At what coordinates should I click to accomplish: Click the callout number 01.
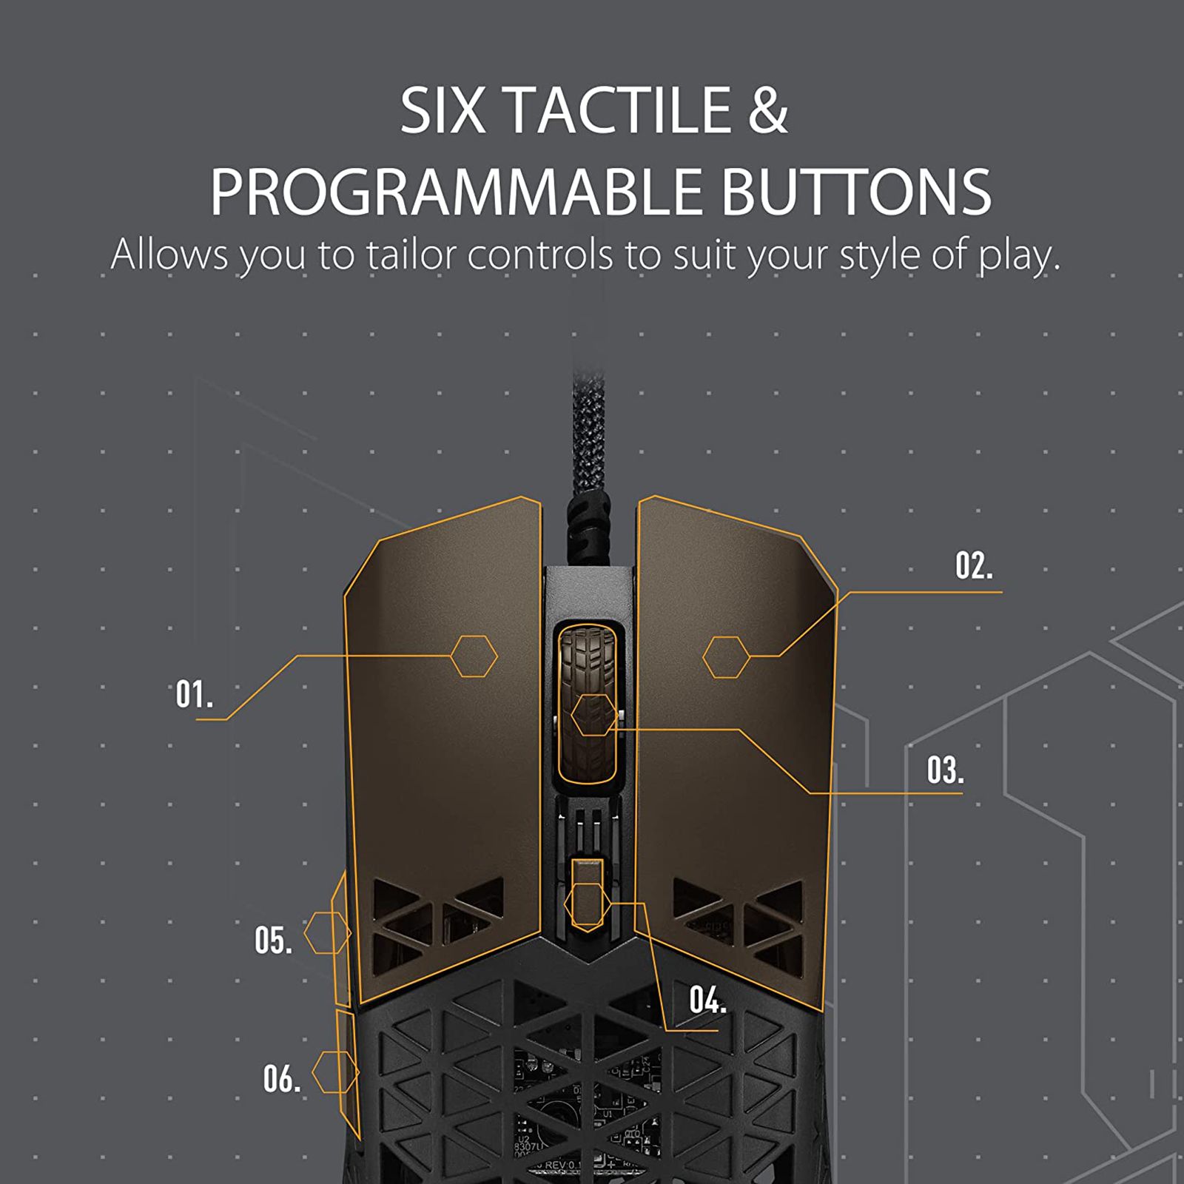194,694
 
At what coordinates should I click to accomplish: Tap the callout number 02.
974,566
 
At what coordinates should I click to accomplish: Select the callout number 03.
945,770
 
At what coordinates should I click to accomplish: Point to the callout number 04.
707,1000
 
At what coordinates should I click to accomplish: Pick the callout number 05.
273,941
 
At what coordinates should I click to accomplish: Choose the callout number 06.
282,1079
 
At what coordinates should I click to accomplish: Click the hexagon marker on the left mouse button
474,656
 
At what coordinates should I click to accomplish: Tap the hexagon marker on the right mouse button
726,657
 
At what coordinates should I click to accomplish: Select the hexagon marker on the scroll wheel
593,715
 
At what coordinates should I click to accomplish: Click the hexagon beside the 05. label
327,932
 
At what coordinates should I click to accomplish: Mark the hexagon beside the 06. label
335,1072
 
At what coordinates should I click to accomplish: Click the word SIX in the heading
443,110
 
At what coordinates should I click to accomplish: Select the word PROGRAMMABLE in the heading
456,191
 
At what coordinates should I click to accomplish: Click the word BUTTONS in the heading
856,191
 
